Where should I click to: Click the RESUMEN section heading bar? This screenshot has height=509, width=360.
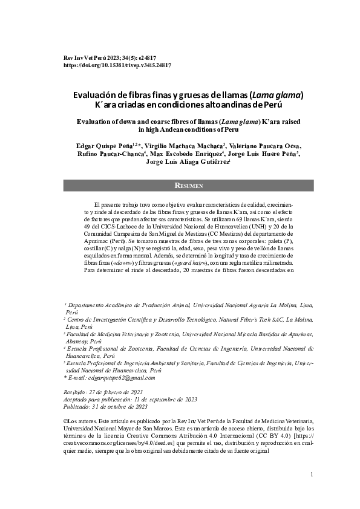tap(188, 186)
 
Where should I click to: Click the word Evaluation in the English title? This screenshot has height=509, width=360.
tap(98, 122)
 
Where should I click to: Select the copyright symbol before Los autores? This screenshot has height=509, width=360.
tap(66, 420)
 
